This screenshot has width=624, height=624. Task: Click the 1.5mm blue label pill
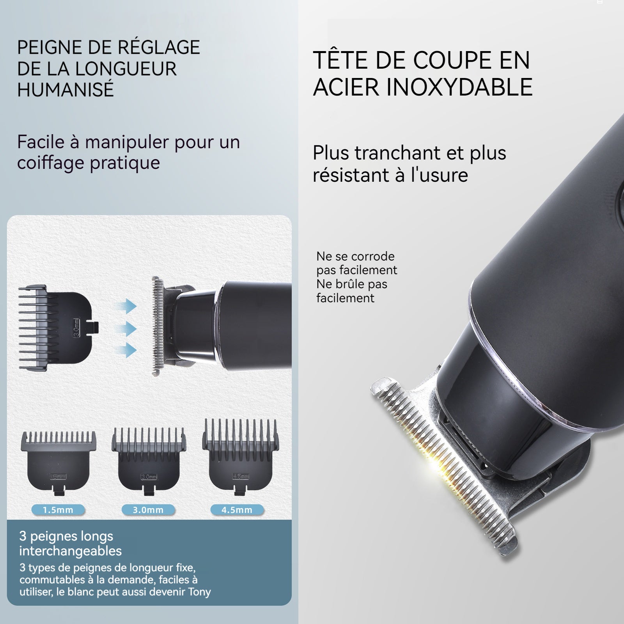[58, 510]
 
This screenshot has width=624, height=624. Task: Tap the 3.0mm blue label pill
[148, 510]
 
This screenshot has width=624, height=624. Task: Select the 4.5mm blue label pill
[237, 510]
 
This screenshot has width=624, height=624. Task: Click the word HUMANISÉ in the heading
[66, 89]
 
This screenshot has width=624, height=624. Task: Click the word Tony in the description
[199, 592]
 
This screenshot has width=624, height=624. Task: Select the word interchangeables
[71, 551]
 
